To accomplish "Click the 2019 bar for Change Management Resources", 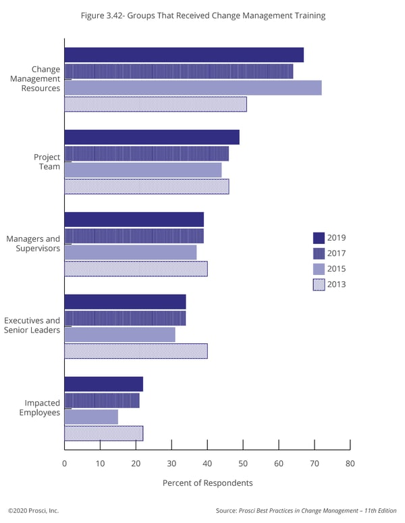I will [184, 55].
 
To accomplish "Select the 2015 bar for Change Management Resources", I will [192, 88].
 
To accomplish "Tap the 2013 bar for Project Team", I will [146, 186].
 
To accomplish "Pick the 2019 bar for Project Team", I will [152, 137].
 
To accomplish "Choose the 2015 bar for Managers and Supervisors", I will [130, 252].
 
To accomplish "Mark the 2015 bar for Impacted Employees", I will [91, 417].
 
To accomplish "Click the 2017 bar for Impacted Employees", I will [102, 401].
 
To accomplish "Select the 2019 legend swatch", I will [319, 238].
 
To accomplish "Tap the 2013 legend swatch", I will [319, 284].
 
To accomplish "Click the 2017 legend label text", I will [336, 253].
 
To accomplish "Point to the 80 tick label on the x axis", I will [350, 463].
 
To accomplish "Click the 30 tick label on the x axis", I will [171, 463].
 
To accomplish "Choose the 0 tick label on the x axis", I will [64, 463].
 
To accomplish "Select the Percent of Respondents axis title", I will [207, 483].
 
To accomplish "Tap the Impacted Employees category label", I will [42, 407].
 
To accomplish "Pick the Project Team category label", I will [47, 161].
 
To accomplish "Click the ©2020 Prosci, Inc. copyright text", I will [33, 511].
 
